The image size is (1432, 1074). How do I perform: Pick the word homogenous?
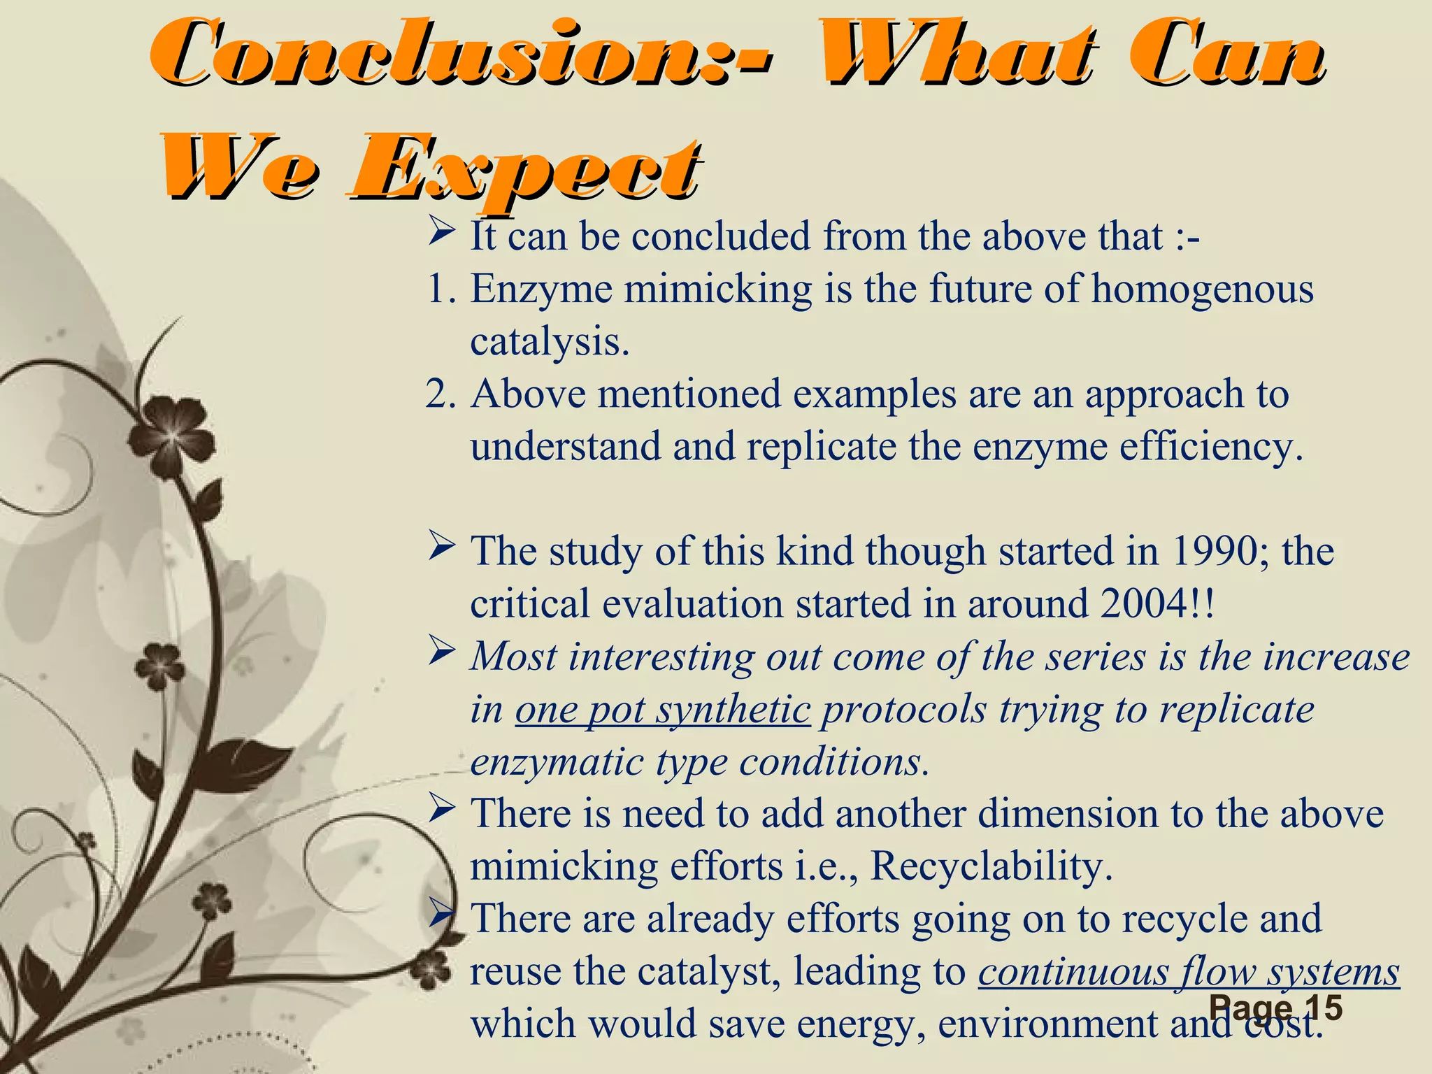coord(1203,289)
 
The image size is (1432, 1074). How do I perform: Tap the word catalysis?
coord(550,342)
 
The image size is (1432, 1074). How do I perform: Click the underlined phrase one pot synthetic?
coord(663,710)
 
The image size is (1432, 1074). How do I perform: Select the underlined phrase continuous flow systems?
coord(1189,972)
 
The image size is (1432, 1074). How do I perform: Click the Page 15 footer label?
coord(1275,1008)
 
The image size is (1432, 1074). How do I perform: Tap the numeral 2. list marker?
coord(441,394)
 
